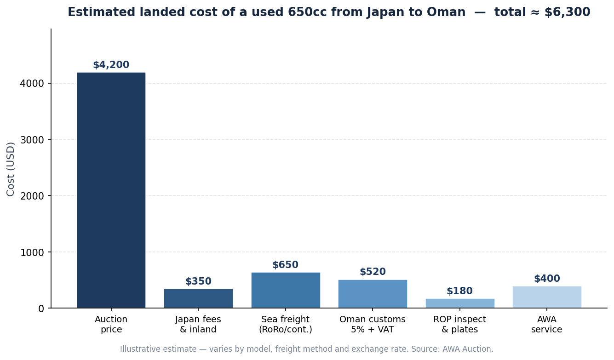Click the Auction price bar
(x=111, y=190)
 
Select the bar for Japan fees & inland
(x=198, y=298)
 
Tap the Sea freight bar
(x=286, y=290)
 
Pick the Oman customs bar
(x=373, y=294)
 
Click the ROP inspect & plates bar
(x=460, y=303)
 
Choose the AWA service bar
(x=547, y=297)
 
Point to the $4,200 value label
(x=111, y=65)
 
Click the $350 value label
(x=198, y=281)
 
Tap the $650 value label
(x=285, y=265)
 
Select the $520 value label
(x=373, y=272)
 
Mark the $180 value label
(x=459, y=291)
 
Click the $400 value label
(x=547, y=279)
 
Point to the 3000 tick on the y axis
(x=32, y=140)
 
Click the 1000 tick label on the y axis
(x=32, y=252)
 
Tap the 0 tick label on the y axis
(x=41, y=309)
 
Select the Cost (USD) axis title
(x=11, y=169)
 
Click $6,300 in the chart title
(x=567, y=12)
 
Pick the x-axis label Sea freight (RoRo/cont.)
(x=285, y=325)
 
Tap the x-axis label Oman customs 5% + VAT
(x=373, y=325)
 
